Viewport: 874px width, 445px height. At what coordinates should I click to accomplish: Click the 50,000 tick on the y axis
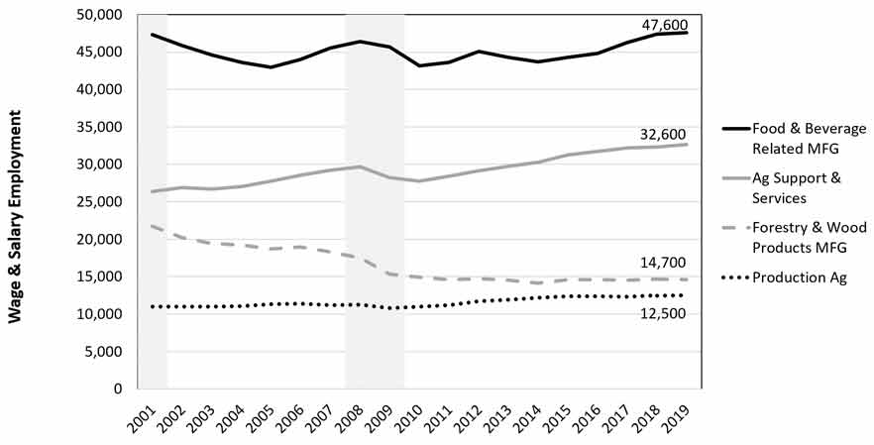click(98, 15)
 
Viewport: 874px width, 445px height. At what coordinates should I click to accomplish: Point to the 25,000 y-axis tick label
click(98, 202)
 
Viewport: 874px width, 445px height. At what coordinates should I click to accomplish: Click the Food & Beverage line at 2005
click(271, 67)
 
